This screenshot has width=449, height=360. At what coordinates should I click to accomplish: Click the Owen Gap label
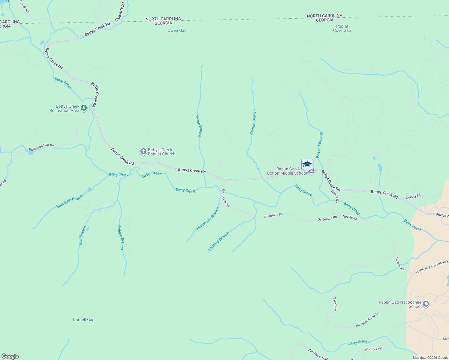click(177, 30)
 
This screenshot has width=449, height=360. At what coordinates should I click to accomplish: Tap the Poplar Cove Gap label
click(342, 28)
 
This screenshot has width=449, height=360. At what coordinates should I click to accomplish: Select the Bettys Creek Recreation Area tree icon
click(84, 108)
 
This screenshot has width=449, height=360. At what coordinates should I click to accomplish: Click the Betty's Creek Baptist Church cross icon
click(143, 151)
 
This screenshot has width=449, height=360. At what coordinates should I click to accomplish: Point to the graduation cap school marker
click(307, 165)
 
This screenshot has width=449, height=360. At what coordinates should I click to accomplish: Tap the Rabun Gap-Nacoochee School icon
click(426, 304)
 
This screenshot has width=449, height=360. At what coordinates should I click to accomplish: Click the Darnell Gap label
click(84, 319)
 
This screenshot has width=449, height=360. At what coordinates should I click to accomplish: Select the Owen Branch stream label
click(199, 126)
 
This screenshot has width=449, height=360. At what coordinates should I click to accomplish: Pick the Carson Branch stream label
click(253, 122)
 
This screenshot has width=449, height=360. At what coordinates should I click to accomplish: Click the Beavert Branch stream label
click(320, 145)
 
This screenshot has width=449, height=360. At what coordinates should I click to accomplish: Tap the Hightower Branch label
click(208, 219)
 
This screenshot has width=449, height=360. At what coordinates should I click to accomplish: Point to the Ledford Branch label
click(219, 241)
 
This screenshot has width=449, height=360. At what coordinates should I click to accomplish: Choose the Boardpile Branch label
click(70, 202)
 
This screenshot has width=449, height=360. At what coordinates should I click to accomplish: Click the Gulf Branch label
click(82, 235)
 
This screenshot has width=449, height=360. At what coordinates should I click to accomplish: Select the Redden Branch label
click(121, 237)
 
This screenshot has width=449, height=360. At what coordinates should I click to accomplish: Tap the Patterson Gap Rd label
click(41, 147)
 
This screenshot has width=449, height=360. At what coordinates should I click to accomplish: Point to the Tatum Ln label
click(335, 304)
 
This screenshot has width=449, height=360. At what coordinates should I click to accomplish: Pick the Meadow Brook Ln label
click(368, 319)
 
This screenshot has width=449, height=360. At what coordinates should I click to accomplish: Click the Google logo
click(10, 356)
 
